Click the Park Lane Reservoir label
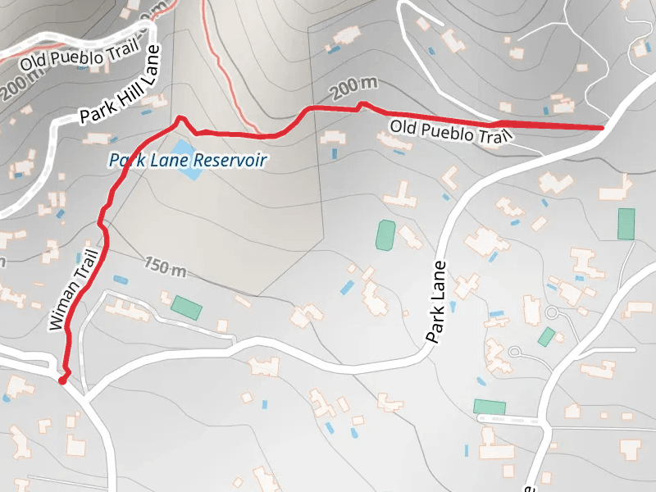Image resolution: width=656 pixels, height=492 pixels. [x=188, y=160]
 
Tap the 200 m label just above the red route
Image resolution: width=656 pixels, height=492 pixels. [x=354, y=86]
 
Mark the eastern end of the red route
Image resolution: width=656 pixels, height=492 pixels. [x=602, y=128]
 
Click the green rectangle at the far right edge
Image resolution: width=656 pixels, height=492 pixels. [x=626, y=224]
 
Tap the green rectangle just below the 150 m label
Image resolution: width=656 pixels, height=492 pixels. [x=186, y=307]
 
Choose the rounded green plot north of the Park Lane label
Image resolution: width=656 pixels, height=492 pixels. [x=385, y=235]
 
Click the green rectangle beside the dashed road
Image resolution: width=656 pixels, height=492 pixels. [x=490, y=407]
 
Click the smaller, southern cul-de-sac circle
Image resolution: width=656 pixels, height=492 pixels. [x=514, y=353]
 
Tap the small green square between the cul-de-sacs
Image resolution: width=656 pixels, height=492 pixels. [x=546, y=336]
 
